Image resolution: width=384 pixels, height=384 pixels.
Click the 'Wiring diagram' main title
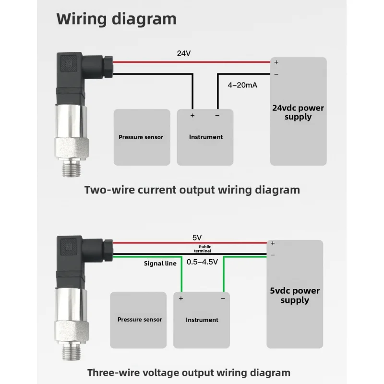tap(116, 19)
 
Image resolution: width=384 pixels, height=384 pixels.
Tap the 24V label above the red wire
tap(184, 53)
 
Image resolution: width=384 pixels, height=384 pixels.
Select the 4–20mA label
tap(242, 85)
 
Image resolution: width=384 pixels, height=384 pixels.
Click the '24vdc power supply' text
tap(298, 112)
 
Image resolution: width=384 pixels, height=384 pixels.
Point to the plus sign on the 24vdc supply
tap(276, 62)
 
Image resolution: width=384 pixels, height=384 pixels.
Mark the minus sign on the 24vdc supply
tap(276, 74)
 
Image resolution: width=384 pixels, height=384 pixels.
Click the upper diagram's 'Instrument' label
tap(206, 137)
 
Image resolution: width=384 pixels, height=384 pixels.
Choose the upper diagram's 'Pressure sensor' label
tap(141, 137)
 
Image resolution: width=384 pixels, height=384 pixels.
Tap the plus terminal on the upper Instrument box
tap(192, 115)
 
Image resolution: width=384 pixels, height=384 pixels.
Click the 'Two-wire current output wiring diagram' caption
tap(192, 190)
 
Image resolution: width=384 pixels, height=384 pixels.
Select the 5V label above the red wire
tap(197, 238)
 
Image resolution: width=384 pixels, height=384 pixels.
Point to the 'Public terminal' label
tap(203, 249)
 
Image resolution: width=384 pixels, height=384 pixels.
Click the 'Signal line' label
tap(160, 264)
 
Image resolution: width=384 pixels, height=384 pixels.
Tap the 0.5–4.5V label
tap(202, 262)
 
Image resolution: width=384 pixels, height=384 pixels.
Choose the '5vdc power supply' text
tap(295, 295)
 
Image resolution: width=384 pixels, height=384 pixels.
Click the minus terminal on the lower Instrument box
tap(223, 298)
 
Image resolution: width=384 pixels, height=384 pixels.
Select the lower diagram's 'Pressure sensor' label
tap(140, 320)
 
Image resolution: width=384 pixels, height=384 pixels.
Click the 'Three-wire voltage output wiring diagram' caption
tap(189, 373)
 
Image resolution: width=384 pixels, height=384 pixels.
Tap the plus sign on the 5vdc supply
tap(273, 243)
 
